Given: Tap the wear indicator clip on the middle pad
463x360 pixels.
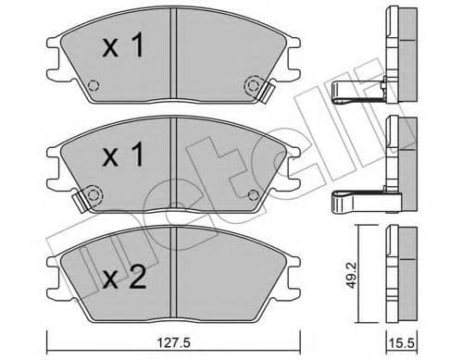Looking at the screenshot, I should [x=88, y=196].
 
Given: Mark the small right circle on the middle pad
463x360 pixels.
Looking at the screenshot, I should [x=253, y=193].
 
